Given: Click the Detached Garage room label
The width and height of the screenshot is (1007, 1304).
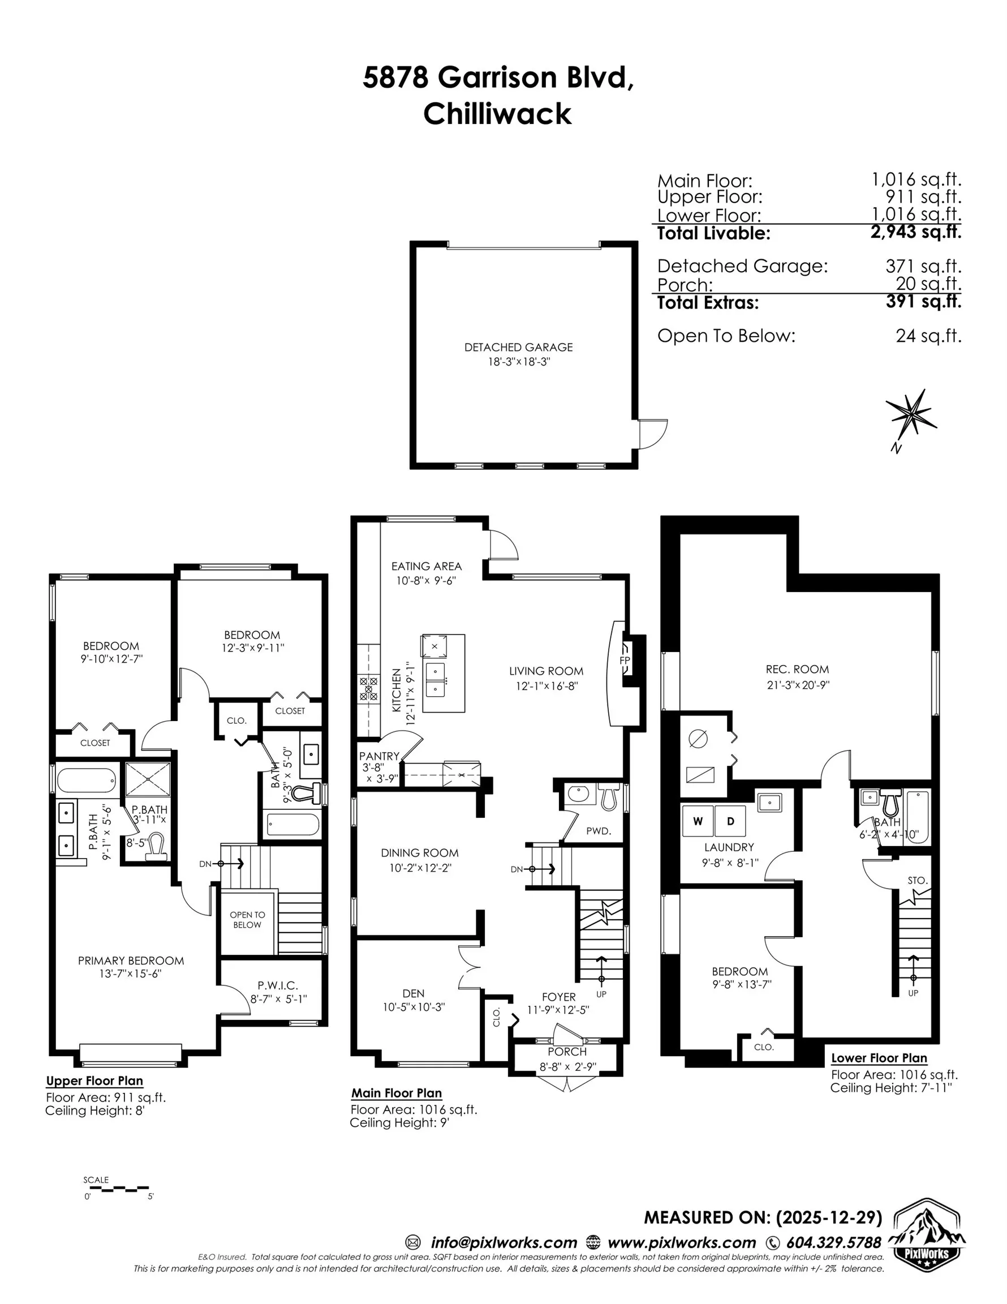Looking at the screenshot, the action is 518,347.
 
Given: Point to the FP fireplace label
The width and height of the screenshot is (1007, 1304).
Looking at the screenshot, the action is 625,660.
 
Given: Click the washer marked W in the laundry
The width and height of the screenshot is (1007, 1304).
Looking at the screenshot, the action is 698,822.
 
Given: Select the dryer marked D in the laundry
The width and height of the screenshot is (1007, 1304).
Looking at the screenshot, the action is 730,822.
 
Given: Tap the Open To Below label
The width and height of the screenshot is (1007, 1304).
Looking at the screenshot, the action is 247,920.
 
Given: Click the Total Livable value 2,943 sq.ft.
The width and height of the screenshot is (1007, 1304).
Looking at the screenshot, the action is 916,232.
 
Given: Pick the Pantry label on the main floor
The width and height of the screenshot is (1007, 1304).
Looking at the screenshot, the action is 379,757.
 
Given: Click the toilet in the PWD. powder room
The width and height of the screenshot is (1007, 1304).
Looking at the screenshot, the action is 608,797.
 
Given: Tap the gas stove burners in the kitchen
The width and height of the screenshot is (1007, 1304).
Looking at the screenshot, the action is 368,688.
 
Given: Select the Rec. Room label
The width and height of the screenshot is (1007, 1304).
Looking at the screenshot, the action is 798,670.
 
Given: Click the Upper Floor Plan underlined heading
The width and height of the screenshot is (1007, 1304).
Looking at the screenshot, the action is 94,1080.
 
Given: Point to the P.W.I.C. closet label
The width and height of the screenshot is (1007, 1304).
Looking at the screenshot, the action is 278,986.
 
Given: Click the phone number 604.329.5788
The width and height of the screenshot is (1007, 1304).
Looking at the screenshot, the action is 833,1242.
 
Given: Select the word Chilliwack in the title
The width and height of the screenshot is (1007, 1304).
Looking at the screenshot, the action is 497,113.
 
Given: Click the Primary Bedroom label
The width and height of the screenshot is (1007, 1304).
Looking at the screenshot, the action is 131,960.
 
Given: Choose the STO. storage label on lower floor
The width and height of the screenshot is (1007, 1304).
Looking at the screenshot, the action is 918,881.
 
